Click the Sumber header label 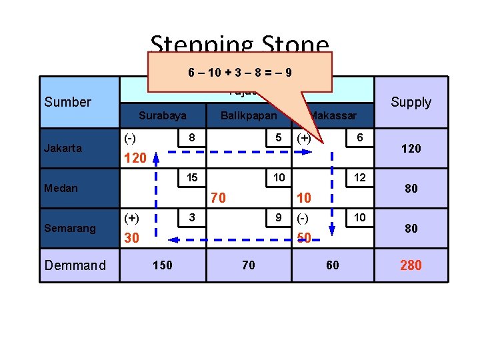[67, 102]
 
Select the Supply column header [411, 102]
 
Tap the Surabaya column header [163, 115]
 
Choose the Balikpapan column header [249, 115]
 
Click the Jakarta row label [63, 148]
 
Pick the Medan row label [61, 188]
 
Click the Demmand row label [75, 265]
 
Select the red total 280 [411, 265]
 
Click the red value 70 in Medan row [218, 198]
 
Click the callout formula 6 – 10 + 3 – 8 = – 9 [239, 72]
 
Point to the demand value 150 [162, 265]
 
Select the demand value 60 [332, 265]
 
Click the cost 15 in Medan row [191, 177]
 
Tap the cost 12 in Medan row [359, 177]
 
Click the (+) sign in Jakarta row [303, 138]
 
